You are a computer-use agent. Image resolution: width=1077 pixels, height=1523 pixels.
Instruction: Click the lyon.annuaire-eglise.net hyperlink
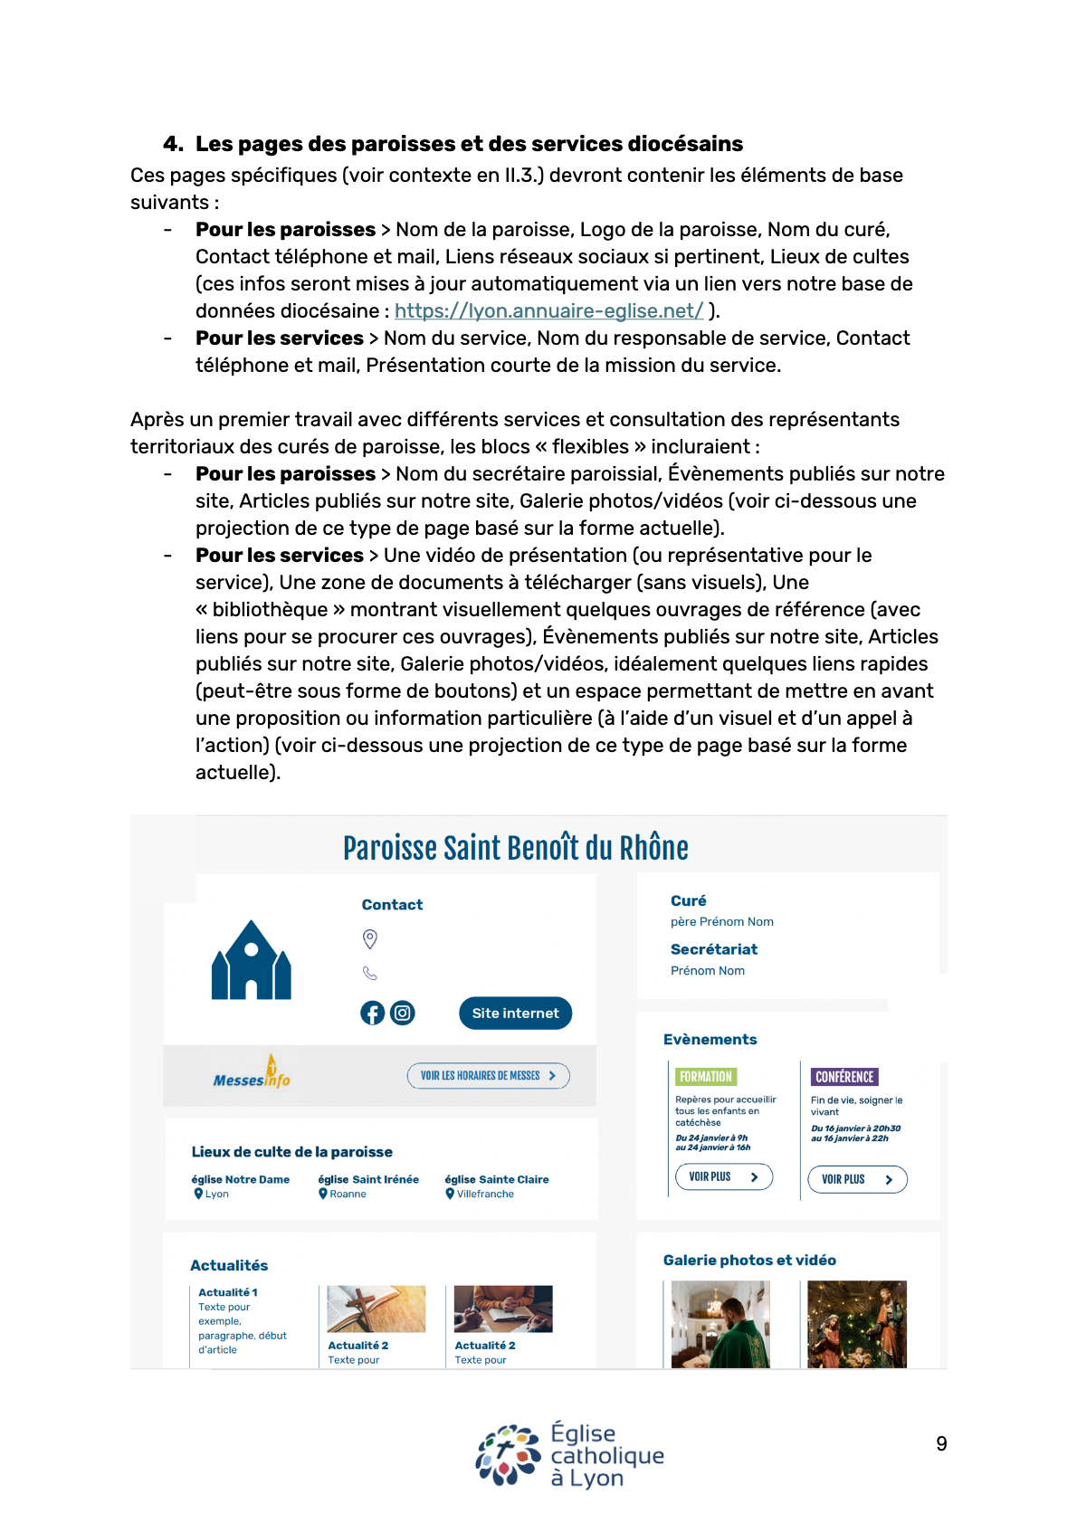[548, 311]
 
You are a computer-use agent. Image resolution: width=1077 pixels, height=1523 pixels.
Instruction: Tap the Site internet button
[515, 1014]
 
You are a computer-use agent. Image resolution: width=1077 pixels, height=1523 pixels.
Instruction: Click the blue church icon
[251, 961]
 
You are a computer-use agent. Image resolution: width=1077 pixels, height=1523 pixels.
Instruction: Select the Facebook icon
[373, 1014]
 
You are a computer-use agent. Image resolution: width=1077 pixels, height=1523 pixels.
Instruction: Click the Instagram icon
[403, 1014]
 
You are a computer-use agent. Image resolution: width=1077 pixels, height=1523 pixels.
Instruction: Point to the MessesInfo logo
[252, 1074]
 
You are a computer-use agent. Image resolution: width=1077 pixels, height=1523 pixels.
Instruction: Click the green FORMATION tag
[706, 1077]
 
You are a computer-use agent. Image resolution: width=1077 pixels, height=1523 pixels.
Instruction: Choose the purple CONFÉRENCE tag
[844, 1077]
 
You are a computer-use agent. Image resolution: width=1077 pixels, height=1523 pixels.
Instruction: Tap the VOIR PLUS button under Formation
[724, 1177]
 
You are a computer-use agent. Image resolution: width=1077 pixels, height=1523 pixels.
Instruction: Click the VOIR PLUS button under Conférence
[857, 1179]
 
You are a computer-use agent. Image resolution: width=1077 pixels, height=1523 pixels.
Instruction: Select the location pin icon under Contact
[370, 939]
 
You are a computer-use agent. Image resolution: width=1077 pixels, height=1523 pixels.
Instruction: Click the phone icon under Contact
[370, 974]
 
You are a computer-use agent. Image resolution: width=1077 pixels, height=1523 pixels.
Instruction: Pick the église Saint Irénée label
[368, 1179]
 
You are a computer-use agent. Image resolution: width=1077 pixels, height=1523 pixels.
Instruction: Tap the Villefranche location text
[485, 1195]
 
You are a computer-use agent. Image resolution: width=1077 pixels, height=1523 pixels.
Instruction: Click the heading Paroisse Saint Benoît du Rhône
[515, 849]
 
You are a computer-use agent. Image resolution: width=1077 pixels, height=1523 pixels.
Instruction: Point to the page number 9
[941, 1444]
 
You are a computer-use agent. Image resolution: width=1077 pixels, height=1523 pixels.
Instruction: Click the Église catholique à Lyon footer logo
[570, 1455]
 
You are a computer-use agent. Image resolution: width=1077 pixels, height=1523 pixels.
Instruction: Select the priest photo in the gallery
[720, 1324]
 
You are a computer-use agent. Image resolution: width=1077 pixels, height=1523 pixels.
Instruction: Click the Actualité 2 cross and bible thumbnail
[376, 1309]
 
